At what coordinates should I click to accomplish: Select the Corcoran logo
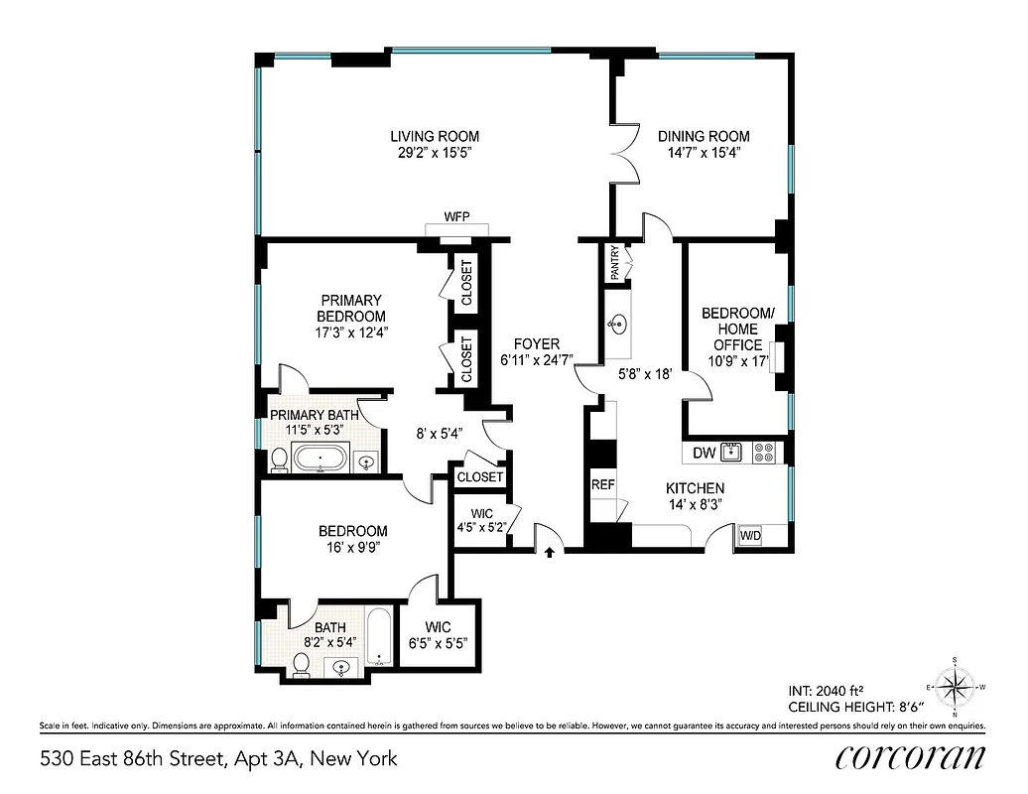click(910, 756)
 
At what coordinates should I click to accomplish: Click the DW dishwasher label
click(703, 454)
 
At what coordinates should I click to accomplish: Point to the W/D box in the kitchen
click(750, 537)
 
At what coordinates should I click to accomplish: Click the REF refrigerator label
click(602, 485)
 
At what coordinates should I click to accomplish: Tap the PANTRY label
click(614, 264)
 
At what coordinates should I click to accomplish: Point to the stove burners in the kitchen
click(764, 453)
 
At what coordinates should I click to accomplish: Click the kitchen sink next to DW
click(733, 453)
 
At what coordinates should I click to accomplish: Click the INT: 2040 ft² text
click(831, 690)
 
